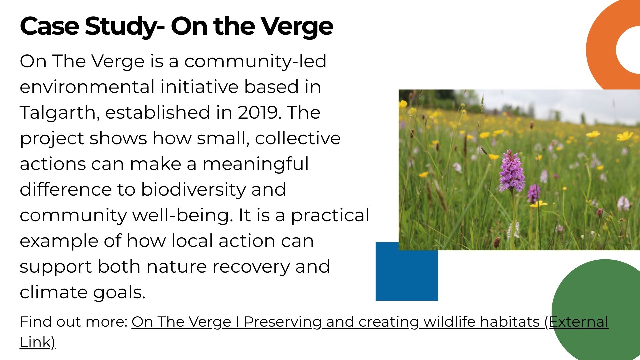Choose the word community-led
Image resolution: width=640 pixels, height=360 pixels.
255,61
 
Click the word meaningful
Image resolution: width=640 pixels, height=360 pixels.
256,164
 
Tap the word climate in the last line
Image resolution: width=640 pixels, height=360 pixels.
54,292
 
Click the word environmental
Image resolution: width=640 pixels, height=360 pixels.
87,87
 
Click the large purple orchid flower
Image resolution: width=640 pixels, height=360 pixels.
511,172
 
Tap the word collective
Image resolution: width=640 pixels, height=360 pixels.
298,138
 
